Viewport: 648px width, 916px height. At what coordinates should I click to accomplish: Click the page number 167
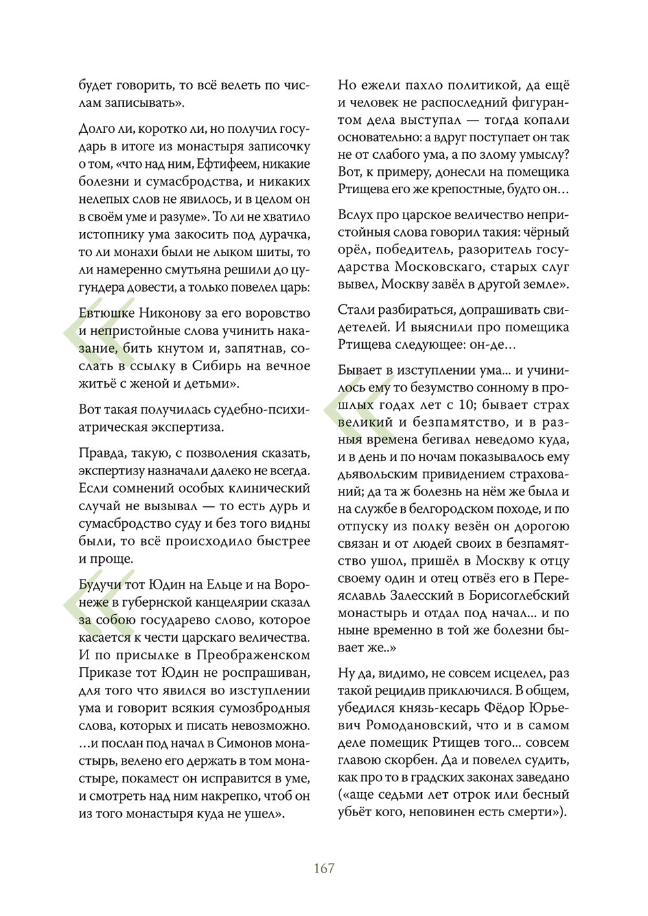(x=323, y=867)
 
